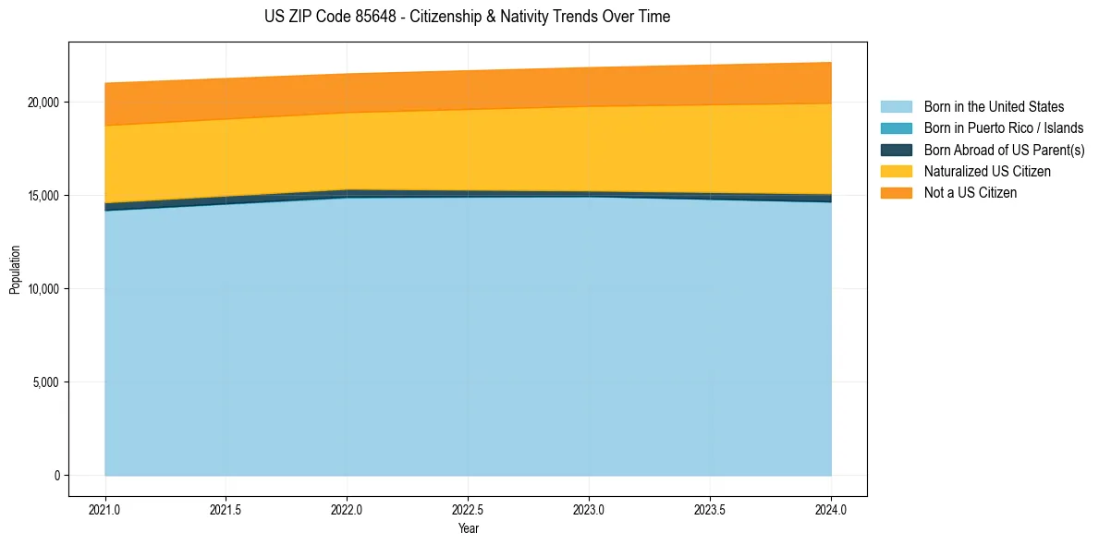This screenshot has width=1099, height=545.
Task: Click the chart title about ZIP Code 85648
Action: [468, 17]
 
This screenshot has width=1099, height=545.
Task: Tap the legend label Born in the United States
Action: [994, 107]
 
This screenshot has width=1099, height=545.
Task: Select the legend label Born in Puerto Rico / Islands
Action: [1004, 128]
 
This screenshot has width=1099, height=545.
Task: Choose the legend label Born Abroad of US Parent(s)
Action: [1004, 150]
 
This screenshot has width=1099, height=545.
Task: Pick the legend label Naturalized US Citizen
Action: [987, 172]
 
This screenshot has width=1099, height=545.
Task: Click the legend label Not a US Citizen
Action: [971, 193]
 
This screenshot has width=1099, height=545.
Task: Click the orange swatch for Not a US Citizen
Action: [896, 193]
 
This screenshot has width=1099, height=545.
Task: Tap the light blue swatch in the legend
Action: [896, 107]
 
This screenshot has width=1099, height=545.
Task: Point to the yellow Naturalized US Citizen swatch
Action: [896, 172]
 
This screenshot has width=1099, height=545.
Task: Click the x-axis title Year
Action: [469, 529]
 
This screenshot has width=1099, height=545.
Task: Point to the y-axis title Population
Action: [15, 269]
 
